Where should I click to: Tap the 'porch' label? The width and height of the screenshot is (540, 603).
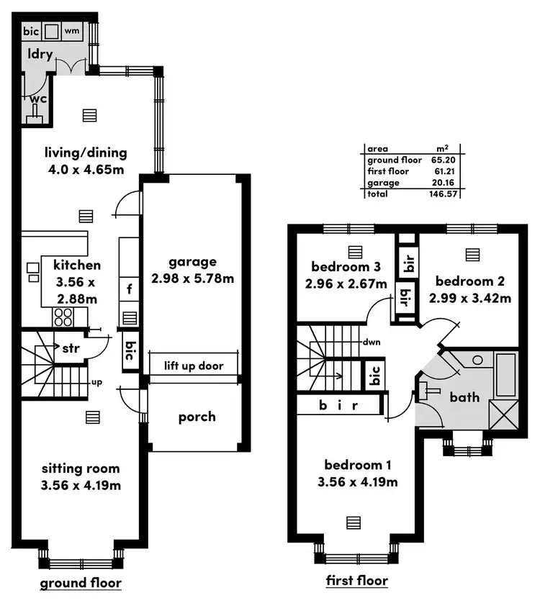(197, 417)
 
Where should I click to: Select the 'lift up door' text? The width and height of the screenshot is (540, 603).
(193, 366)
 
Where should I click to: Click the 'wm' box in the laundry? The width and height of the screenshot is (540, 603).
(73, 31)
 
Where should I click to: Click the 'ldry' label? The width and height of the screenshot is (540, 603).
(40, 55)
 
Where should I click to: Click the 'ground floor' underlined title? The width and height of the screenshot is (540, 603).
(80, 582)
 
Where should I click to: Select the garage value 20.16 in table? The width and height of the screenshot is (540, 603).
(446, 183)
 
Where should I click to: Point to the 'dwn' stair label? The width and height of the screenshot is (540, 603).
(372, 343)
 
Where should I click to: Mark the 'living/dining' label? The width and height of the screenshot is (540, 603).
(86, 153)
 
